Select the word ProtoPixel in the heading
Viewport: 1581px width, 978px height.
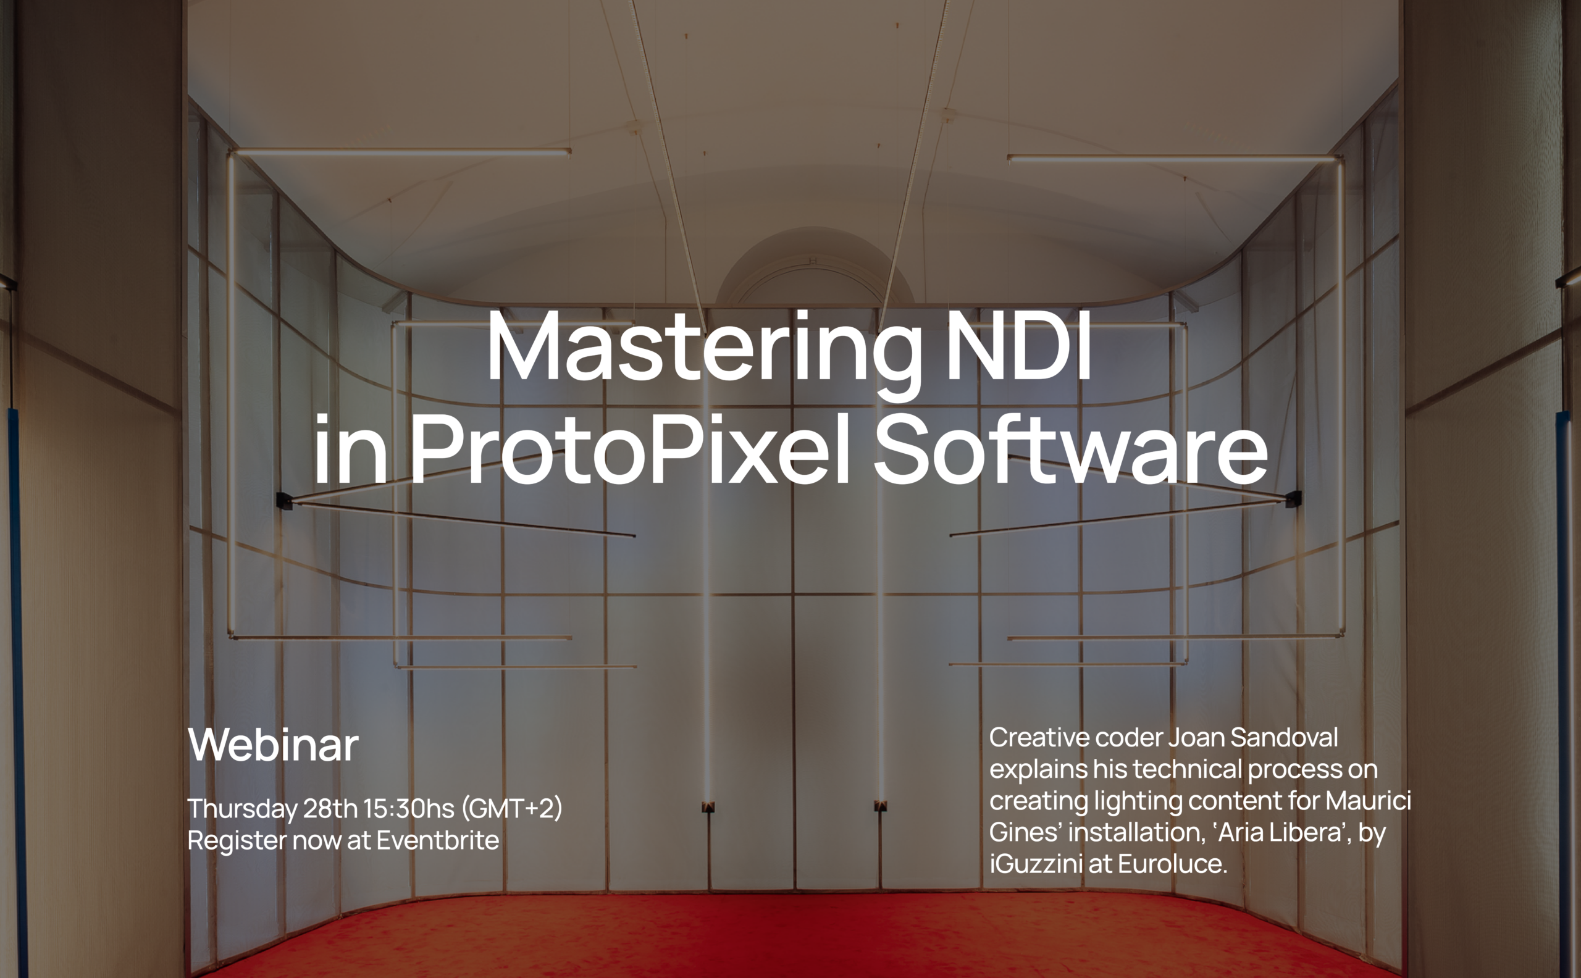630,448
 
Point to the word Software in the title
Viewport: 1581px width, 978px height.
1071,448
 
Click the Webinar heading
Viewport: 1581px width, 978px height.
273,745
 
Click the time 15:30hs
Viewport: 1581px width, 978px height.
409,809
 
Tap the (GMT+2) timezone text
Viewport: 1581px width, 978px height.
512,809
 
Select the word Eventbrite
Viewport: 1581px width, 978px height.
438,840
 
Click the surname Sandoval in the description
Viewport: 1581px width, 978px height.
1284,737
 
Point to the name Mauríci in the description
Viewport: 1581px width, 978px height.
1368,801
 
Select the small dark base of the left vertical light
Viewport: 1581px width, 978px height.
708,807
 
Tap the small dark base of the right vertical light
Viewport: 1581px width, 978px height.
881,806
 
